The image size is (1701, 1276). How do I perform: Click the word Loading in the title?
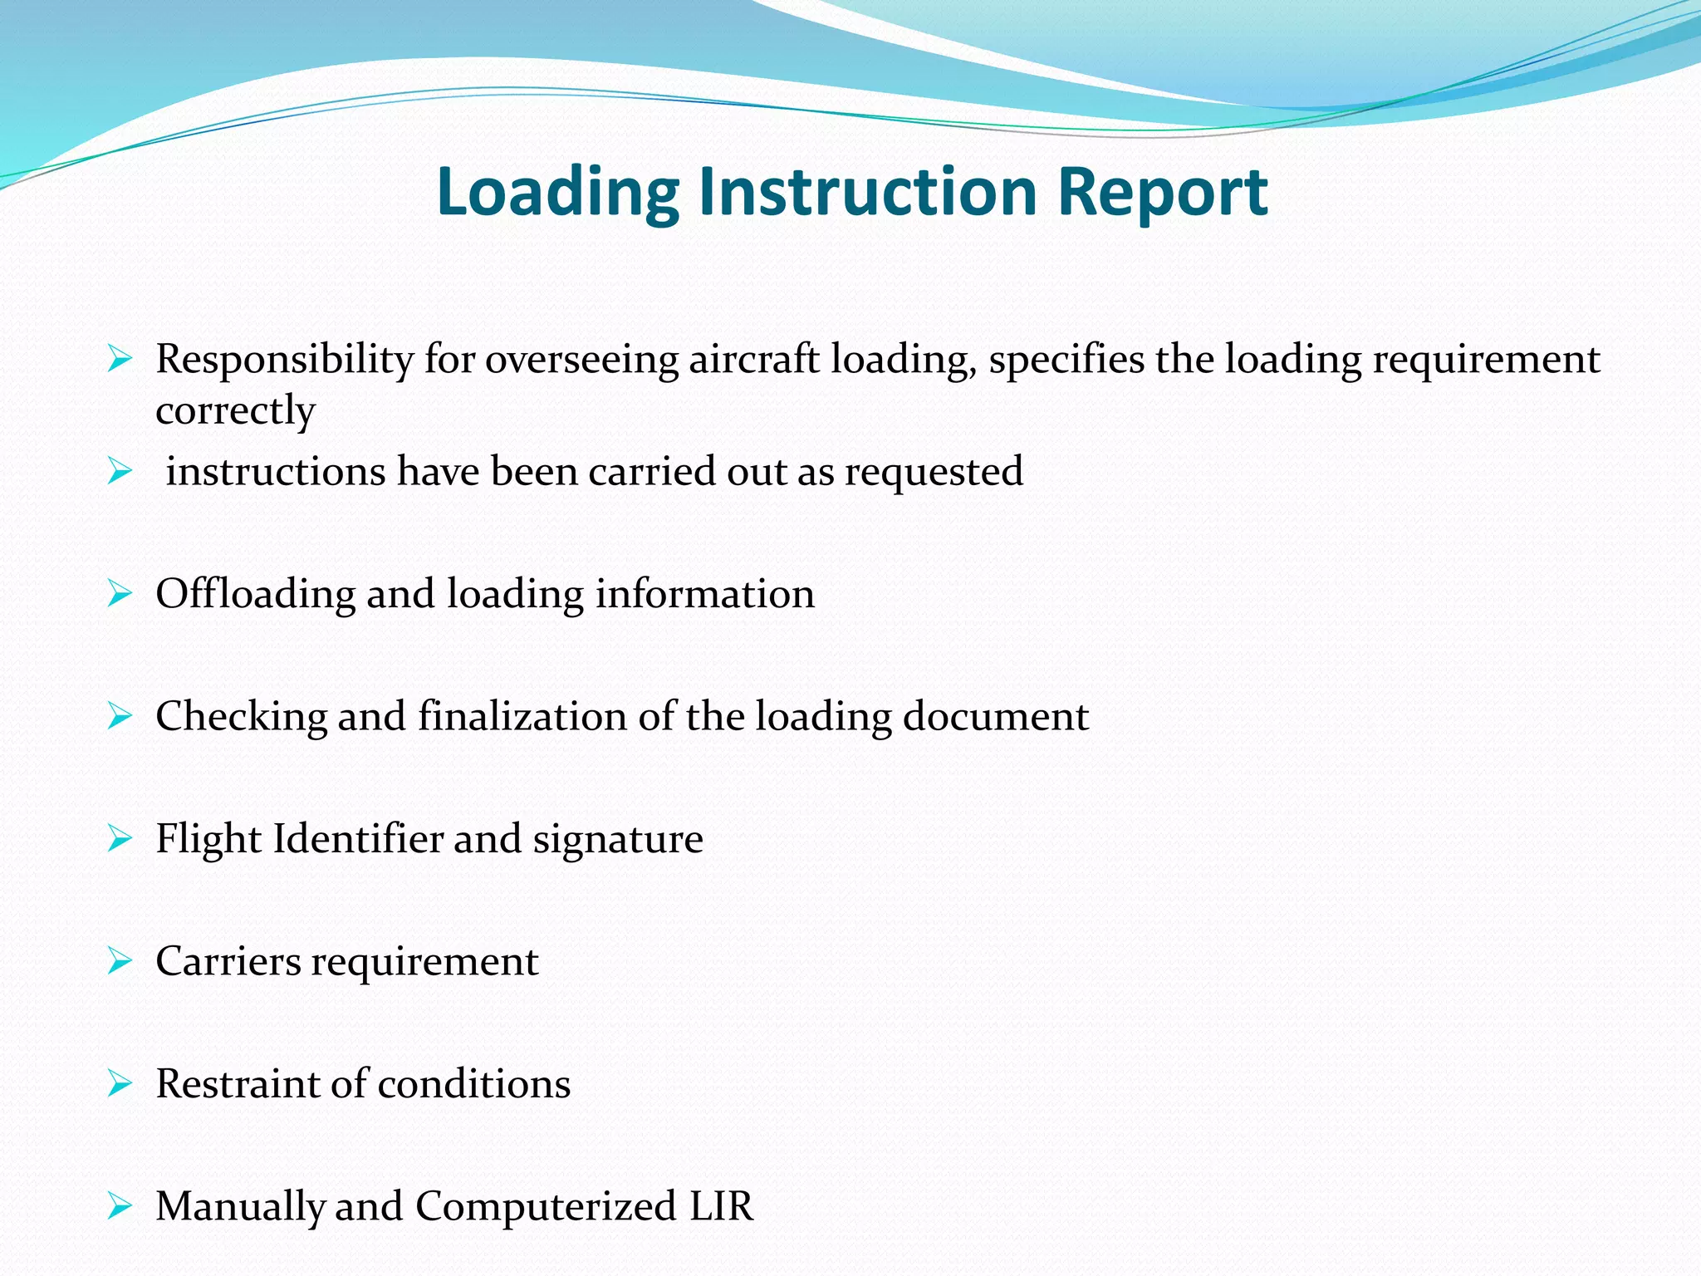coord(557,193)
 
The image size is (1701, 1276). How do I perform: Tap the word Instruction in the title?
coord(867,191)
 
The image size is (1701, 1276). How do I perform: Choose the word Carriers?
coord(228,961)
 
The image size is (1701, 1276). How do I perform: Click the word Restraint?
coord(238,1083)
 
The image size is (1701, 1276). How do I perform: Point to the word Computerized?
coord(546,1206)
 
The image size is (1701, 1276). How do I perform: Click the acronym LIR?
coord(721,1206)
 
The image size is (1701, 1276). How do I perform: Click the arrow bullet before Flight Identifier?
coord(120,839)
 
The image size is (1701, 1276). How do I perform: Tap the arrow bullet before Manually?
coord(120,1206)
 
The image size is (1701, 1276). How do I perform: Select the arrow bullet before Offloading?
coord(120,594)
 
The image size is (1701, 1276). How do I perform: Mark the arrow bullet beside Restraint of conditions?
coord(120,1084)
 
